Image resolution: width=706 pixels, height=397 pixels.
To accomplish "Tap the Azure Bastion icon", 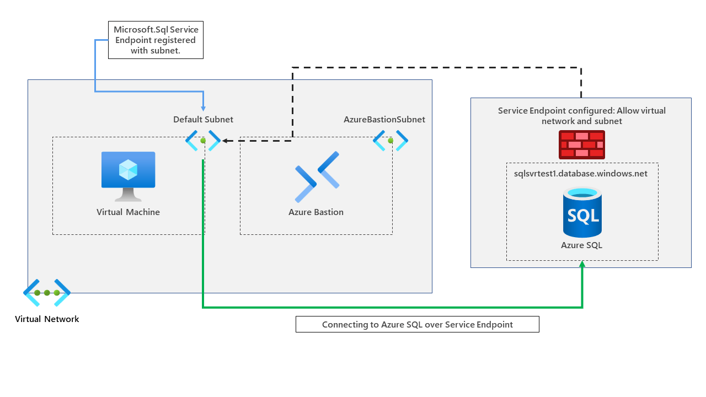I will pos(317,177).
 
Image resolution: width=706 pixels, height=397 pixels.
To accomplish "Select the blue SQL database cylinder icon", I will pos(582,212).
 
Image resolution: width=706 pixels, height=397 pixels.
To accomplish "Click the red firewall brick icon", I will pos(581,144).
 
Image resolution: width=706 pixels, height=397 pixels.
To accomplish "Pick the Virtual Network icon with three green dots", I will pos(47,293).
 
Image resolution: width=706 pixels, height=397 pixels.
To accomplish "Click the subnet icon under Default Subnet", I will pos(203,141).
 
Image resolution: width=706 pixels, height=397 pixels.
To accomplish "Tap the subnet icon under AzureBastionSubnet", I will pos(391,141).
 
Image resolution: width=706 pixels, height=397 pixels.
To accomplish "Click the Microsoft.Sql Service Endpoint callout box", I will pos(156,40).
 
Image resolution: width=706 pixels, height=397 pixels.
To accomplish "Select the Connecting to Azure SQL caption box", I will pos(417,324).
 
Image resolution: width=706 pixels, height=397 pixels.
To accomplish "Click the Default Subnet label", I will pos(203,120).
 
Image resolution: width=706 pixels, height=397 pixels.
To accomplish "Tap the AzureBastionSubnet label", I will pos(384,120).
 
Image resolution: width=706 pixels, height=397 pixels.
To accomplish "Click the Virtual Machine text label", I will pos(128,212).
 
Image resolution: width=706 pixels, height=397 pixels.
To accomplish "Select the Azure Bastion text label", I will pos(316,212).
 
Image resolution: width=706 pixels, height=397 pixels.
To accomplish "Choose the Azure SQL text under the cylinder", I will pos(581,245).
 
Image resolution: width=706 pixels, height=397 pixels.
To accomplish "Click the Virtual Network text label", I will pos(47,319).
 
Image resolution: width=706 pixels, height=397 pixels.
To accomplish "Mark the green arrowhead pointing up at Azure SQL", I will pos(582,264).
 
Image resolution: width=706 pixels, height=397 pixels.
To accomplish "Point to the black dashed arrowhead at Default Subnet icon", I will pos(226,141).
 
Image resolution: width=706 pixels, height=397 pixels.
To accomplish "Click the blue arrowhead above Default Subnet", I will pos(203,109).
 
